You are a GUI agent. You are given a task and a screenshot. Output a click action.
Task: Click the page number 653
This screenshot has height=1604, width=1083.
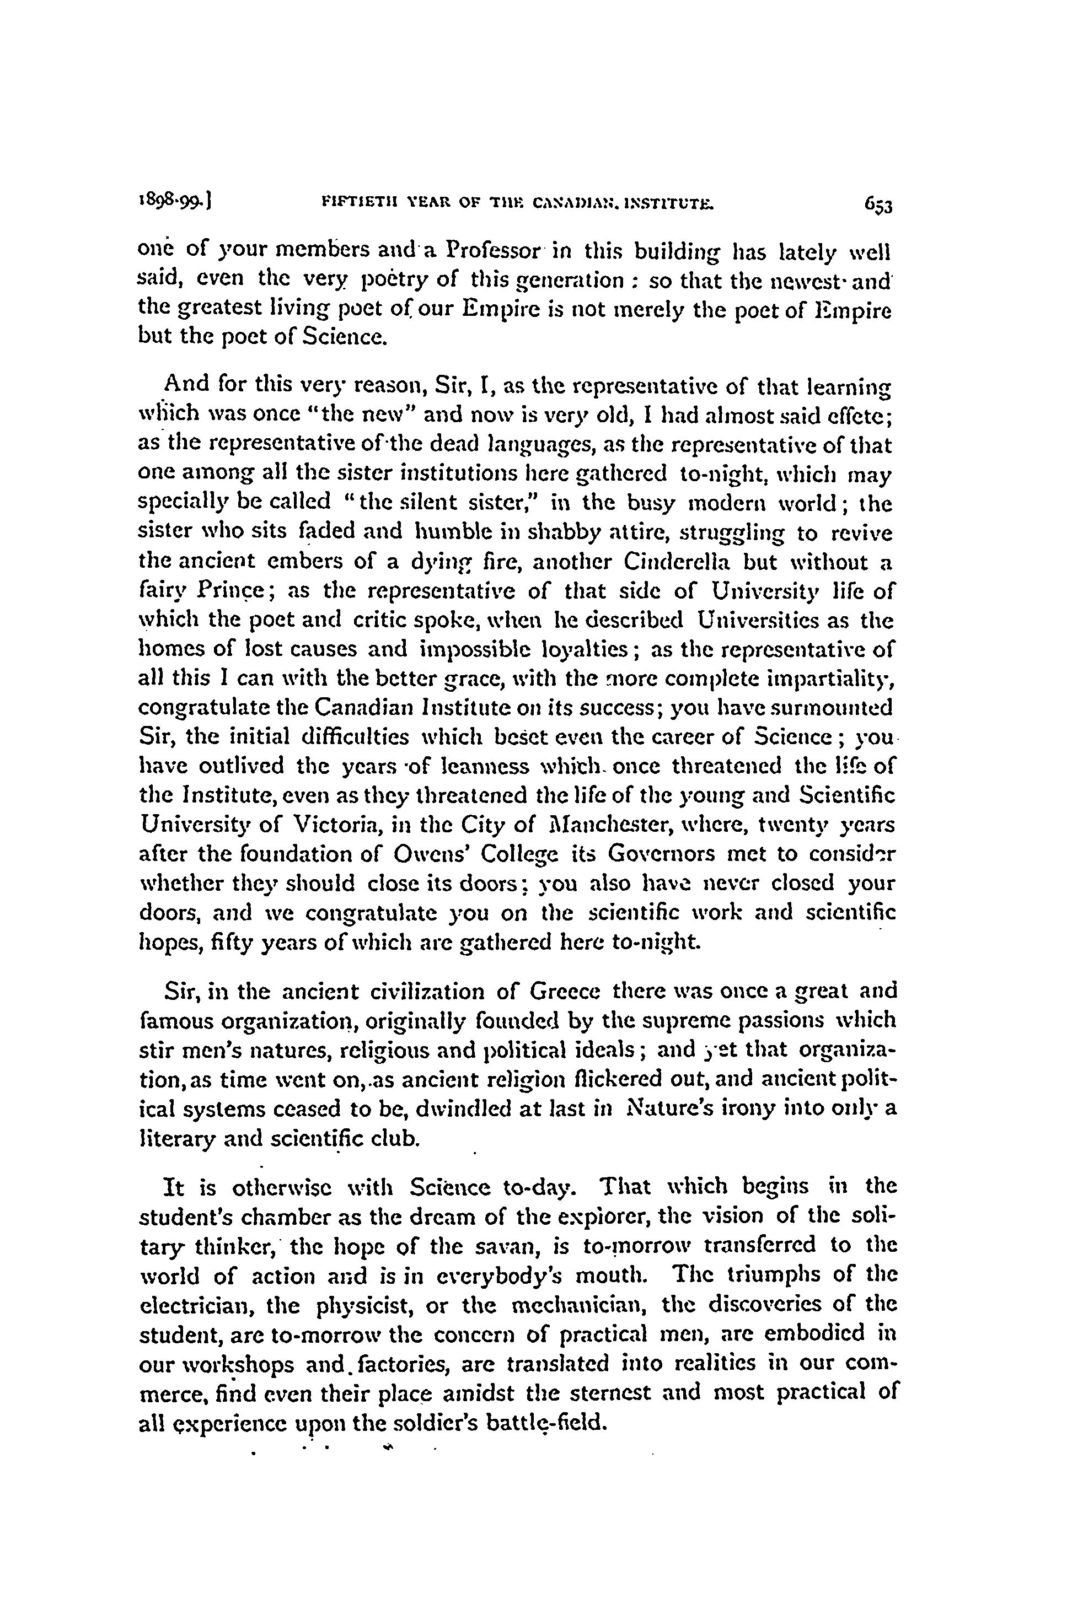[877, 206]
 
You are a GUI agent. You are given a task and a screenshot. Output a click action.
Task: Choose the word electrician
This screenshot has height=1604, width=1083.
[192, 1305]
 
